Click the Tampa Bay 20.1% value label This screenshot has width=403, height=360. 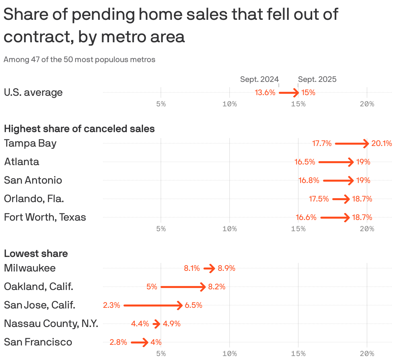click(x=382, y=143)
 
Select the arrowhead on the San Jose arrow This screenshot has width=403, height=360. click(x=179, y=306)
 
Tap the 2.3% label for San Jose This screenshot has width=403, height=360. click(x=111, y=305)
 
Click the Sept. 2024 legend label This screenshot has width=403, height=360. click(x=259, y=79)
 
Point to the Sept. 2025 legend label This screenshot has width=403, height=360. click(x=317, y=79)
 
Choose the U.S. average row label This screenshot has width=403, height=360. click(x=33, y=92)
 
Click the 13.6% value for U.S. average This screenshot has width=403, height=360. click(x=265, y=92)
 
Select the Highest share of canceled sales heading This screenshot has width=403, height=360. click(x=79, y=128)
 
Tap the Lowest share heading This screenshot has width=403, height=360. click(x=36, y=253)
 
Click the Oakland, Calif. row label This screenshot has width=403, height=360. click(x=38, y=286)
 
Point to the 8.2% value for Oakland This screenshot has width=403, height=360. click(x=217, y=287)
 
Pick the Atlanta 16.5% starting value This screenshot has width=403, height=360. click(x=305, y=162)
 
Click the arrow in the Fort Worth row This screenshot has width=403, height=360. click(x=335, y=217)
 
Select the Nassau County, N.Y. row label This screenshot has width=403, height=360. click(x=51, y=323)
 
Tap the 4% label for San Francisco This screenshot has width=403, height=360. click(x=156, y=342)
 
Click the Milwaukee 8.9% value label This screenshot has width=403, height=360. click(x=226, y=268)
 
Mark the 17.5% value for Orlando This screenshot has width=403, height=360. click(x=319, y=199)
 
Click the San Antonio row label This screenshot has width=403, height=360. click(x=33, y=180)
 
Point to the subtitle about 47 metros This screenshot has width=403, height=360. click(x=79, y=59)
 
